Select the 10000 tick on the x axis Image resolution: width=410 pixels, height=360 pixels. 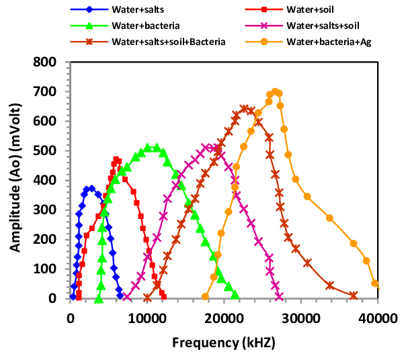pyautogui.click(x=147, y=312)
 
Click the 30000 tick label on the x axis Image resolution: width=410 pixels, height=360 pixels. pyautogui.click(x=301, y=312)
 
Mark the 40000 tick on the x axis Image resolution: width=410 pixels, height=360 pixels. pyautogui.click(x=378, y=312)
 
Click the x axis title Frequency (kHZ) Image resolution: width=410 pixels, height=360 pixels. pyautogui.click(x=224, y=342)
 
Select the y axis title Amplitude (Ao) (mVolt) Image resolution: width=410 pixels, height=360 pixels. pyautogui.click(x=15, y=180)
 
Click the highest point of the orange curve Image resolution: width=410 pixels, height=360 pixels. pyautogui.click(x=275, y=92)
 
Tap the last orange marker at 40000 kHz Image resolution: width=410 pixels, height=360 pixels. pyautogui.click(x=375, y=283)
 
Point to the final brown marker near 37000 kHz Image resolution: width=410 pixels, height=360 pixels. pyautogui.click(x=354, y=295)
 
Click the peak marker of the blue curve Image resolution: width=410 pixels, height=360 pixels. pyautogui.click(x=91, y=188)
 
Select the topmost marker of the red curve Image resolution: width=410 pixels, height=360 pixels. pyautogui.click(x=116, y=160)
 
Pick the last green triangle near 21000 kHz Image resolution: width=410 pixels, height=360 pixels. pyautogui.click(x=235, y=295)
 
